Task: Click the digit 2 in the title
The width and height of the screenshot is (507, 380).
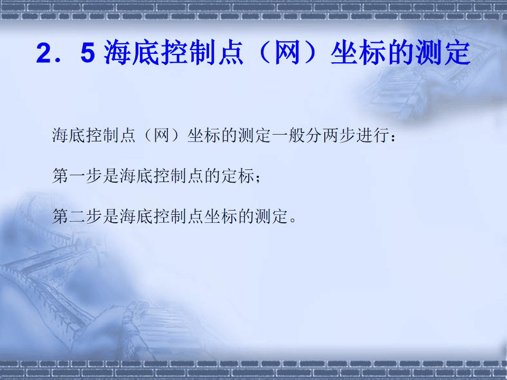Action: coord(43,55)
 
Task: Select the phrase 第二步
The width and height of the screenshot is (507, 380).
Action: coord(78,216)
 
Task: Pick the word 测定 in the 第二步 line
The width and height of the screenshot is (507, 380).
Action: coord(273,216)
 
